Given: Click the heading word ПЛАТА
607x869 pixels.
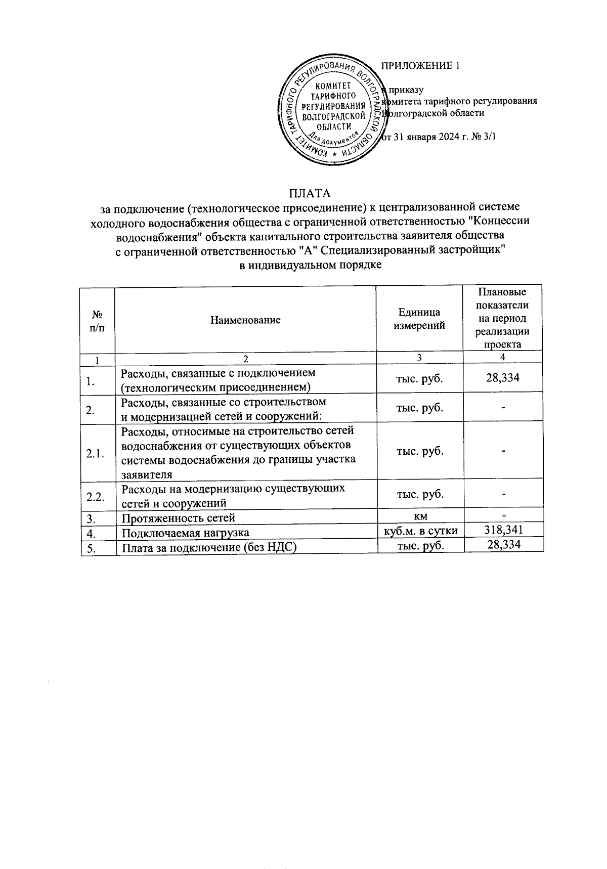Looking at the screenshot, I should (x=309, y=193).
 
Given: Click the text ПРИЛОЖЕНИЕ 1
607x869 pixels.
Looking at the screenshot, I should (x=420, y=66).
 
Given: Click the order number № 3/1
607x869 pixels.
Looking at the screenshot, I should (x=480, y=137).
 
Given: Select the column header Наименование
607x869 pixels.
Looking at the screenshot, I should (x=245, y=320).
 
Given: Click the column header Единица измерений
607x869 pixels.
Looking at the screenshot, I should (x=419, y=319).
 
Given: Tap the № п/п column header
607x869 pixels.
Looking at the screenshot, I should (x=97, y=320).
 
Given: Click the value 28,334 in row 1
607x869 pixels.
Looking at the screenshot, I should (x=503, y=377).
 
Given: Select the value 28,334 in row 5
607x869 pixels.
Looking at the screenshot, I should (x=503, y=544).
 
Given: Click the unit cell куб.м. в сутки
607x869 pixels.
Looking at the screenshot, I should (x=421, y=530).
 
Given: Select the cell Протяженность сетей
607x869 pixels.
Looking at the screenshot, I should (x=179, y=518).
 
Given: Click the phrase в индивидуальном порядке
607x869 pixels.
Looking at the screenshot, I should (x=310, y=265).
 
